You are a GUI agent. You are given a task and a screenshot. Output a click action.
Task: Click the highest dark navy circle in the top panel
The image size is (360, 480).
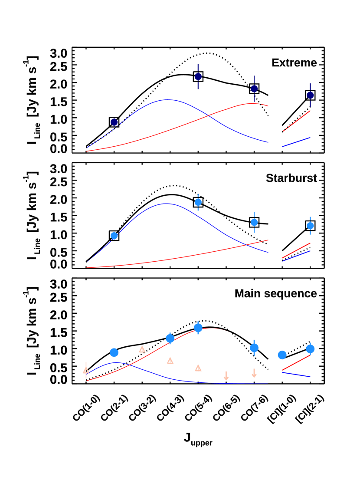(x=198, y=77)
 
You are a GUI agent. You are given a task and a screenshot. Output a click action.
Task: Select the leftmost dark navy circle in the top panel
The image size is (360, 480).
(x=114, y=122)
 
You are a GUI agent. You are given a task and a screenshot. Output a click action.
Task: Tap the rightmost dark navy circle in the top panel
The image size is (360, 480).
(x=310, y=95)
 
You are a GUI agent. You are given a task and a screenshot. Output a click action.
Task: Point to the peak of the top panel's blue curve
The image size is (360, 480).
(x=168, y=100)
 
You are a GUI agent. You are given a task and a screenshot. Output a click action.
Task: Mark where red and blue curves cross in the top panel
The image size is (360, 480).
(x=209, y=115)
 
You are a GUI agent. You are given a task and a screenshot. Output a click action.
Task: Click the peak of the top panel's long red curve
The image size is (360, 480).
(x=254, y=103)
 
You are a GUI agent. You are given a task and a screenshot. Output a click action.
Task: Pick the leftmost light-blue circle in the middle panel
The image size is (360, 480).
(x=114, y=236)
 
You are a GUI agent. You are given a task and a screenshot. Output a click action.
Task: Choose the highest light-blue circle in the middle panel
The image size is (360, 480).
(x=198, y=202)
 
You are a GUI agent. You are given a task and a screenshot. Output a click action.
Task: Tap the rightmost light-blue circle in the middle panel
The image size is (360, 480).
(x=310, y=226)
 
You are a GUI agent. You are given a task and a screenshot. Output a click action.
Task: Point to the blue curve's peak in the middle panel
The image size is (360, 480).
(x=166, y=204)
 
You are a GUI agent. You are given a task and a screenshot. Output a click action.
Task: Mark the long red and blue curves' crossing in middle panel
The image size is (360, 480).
(x=248, y=244)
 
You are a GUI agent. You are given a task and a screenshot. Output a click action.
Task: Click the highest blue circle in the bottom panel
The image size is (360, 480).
(x=198, y=328)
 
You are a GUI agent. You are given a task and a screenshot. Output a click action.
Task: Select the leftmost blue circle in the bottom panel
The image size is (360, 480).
(x=114, y=352)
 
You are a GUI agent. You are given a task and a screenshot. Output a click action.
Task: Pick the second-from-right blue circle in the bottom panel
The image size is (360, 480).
(x=282, y=355)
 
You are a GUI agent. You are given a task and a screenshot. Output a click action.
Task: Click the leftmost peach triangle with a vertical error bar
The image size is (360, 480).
(x=86, y=370)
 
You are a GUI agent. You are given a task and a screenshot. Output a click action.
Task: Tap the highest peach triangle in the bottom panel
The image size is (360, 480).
(x=142, y=349)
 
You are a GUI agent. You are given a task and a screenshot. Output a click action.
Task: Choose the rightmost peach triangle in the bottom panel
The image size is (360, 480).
(x=198, y=368)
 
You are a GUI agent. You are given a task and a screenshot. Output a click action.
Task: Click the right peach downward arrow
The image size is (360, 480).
(x=254, y=374)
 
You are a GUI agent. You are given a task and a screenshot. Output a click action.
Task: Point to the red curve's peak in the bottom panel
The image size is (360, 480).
(x=210, y=328)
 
